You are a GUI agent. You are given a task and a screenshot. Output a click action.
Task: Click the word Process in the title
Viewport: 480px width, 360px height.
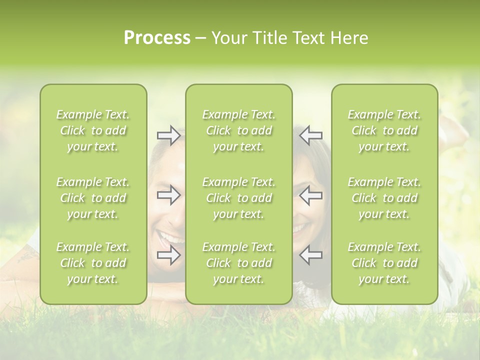(x=157, y=38)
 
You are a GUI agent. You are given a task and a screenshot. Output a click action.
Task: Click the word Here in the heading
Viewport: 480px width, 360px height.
(x=348, y=38)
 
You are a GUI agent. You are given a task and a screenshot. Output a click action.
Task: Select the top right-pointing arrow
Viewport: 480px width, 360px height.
(x=168, y=135)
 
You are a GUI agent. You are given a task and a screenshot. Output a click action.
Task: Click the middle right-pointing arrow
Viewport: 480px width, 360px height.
(x=168, y=195)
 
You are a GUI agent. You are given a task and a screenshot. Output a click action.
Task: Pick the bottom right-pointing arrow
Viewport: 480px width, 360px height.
(x=168, y=255)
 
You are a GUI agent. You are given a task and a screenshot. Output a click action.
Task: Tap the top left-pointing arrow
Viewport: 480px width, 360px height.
(x=310, y=135)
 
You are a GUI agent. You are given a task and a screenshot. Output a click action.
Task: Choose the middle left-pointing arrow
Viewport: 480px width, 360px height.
(x=310, y=195)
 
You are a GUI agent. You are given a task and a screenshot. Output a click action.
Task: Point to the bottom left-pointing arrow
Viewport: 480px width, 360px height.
(x=310, y=255)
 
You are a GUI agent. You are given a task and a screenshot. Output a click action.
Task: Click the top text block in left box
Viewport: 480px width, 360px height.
(x=93, y=130)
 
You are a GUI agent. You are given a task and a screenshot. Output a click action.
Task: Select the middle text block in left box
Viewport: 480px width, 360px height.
(x=93, y=198)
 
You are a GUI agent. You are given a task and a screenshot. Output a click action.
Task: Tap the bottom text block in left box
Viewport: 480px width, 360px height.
(x=93, y=263)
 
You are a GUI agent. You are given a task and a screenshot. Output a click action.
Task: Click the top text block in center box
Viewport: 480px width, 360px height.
(x=238, y=130)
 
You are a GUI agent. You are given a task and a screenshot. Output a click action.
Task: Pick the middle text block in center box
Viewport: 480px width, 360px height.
(x=238, y=198)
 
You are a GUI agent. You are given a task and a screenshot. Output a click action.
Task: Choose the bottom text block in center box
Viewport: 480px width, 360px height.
(x=238, y=263)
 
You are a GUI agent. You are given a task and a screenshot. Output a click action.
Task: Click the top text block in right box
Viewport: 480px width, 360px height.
(x=384, y=130)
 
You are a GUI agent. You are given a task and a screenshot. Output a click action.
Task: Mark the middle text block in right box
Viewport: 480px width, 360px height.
(x=384, y=198)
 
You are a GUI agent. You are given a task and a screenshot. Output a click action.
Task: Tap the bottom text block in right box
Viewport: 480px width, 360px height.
(x=384, y=263)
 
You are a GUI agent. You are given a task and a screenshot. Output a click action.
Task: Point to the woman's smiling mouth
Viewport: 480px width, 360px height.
(x=299, y=229)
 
